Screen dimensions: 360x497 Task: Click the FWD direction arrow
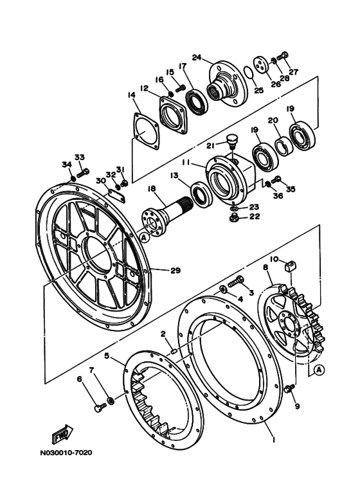click(x=62, y=433)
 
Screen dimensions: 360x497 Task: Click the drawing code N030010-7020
click(x=66, y=453)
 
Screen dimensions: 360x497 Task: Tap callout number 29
click(x=175, y=271)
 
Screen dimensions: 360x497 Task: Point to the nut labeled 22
click(x=233, y=218)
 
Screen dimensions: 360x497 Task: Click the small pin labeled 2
click(x=174, y=350)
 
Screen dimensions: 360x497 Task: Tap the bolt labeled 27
click(x=282, y=57)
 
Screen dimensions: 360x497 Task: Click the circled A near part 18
click(x=144, y=237)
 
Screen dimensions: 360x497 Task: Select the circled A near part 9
click(x=319, y=369)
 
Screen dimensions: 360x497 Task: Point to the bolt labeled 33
click(x=83, y=173)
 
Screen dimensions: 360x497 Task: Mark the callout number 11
click(x=186, y=162)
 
